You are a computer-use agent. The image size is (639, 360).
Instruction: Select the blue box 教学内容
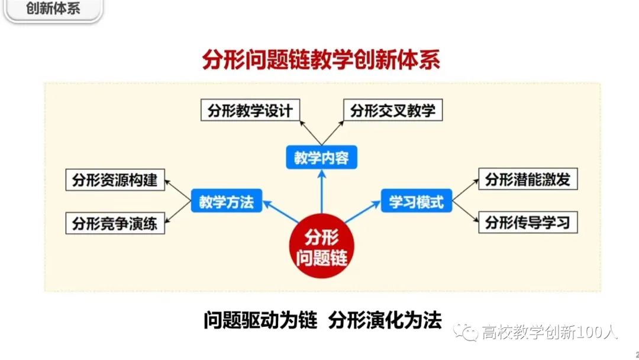(x=321, y=158)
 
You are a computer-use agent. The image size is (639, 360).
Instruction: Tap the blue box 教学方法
(x=226, y=202)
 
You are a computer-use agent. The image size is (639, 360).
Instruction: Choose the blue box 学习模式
(x=416, y=202)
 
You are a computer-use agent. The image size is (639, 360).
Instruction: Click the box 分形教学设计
(x=250, y=111)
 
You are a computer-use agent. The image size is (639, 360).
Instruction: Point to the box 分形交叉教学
(x=392, y=111)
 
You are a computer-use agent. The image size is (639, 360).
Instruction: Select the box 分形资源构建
(x=115, y=180)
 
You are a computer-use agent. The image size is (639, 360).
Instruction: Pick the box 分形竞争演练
(x=115, y=224)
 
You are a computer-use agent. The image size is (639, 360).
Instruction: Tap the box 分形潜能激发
(x=527, y=180)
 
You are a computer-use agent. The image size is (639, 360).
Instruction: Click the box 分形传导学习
(x=527, y=223)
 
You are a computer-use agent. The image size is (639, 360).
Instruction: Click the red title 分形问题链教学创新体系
(x=321, y=60)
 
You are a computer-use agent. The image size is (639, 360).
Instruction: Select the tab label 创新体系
(x=53, y=10)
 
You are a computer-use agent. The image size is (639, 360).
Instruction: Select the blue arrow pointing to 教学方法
(x=281, y=212)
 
